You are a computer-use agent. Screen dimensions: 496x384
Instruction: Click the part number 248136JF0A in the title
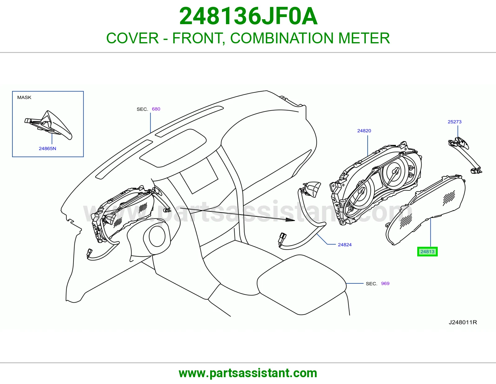click(248, 16)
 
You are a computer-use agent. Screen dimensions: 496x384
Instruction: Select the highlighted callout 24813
click(427, 251)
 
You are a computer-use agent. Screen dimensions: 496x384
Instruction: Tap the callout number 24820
click(364, 131)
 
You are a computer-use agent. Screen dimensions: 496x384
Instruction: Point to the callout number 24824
click(345, 245)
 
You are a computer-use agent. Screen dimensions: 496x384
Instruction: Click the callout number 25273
click(454, 122)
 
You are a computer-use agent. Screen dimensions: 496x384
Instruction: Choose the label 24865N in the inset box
click(47, 148)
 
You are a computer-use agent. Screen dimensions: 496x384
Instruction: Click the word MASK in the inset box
click(24, 97)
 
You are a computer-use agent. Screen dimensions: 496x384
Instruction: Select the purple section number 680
click(156, 109)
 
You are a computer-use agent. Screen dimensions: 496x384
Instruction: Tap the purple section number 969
click(385, 283)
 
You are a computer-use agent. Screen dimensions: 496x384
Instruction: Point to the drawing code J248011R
click(463, 322)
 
